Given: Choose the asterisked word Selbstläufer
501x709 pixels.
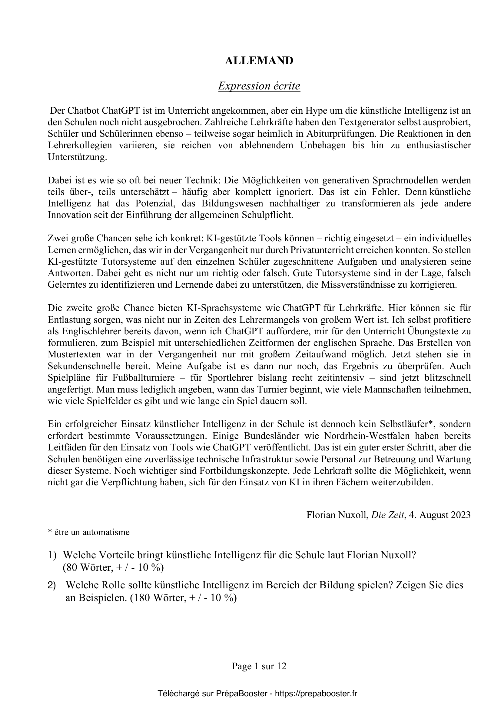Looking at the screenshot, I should [406, 424].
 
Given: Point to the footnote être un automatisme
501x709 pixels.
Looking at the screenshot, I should [88, 532].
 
